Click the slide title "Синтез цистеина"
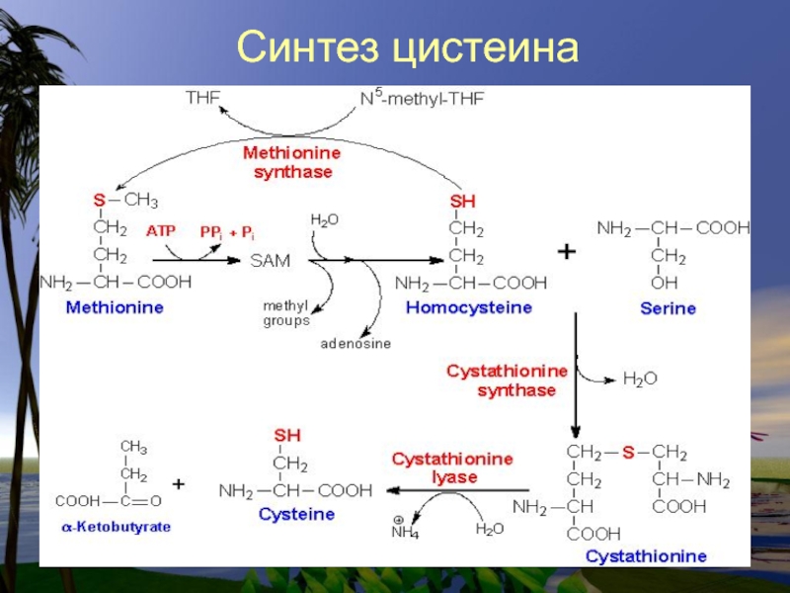point(408,47)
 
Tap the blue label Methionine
point(115,307)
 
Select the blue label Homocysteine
point(469,307)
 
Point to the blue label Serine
point(669,308)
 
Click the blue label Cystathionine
point(646,556)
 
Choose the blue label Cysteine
point(297,514)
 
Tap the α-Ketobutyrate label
point(117,527)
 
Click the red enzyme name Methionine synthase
point(292,162)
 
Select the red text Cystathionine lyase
point(452,467)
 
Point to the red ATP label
point(161,231)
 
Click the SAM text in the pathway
point(271,261)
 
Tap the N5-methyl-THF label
point(423,97)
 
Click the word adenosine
point(355,343)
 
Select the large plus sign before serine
point(567,251)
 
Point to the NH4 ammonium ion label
point(405,528)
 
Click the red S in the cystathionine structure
point(628,453)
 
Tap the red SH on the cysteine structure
point(287,435)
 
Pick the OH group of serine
point(664,283)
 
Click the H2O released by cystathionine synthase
point(640,379)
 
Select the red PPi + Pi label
point(227,232)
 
